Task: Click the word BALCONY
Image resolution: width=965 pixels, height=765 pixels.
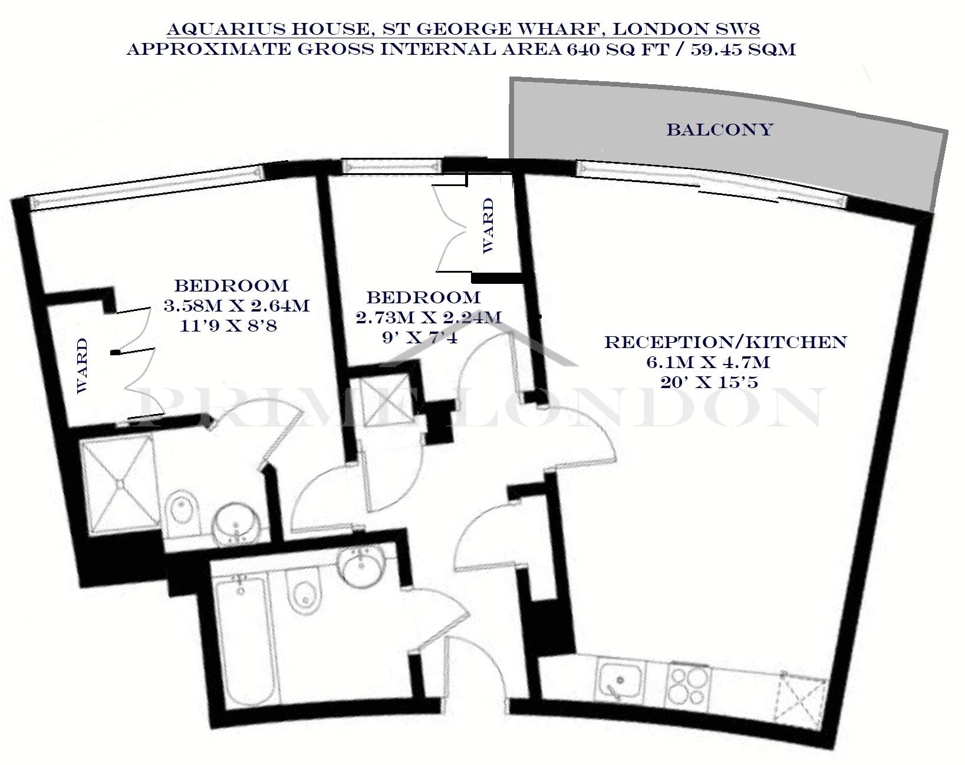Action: (x=720, y=130)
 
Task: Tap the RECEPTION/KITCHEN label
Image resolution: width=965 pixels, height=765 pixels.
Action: (x=726, y=342)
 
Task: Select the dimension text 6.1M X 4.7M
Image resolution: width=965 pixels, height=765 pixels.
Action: (x=708, y=362)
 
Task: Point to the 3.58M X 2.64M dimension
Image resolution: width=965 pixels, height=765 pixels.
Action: (x=236, y=306)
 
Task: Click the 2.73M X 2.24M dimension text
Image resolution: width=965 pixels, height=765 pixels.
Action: (x=429, y=318)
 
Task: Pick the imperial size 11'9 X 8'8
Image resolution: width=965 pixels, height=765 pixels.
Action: (x=228, y=325)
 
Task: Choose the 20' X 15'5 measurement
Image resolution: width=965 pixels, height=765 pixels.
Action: (x=709, y=382)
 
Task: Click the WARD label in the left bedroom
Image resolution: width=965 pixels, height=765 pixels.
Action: (x=82, y=366)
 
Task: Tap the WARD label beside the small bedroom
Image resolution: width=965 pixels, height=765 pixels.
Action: (x=488, y=226)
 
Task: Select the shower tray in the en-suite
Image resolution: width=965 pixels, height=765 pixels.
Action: (x=121, y=483)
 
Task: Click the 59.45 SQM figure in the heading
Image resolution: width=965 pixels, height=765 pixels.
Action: (x=743, y=49)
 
